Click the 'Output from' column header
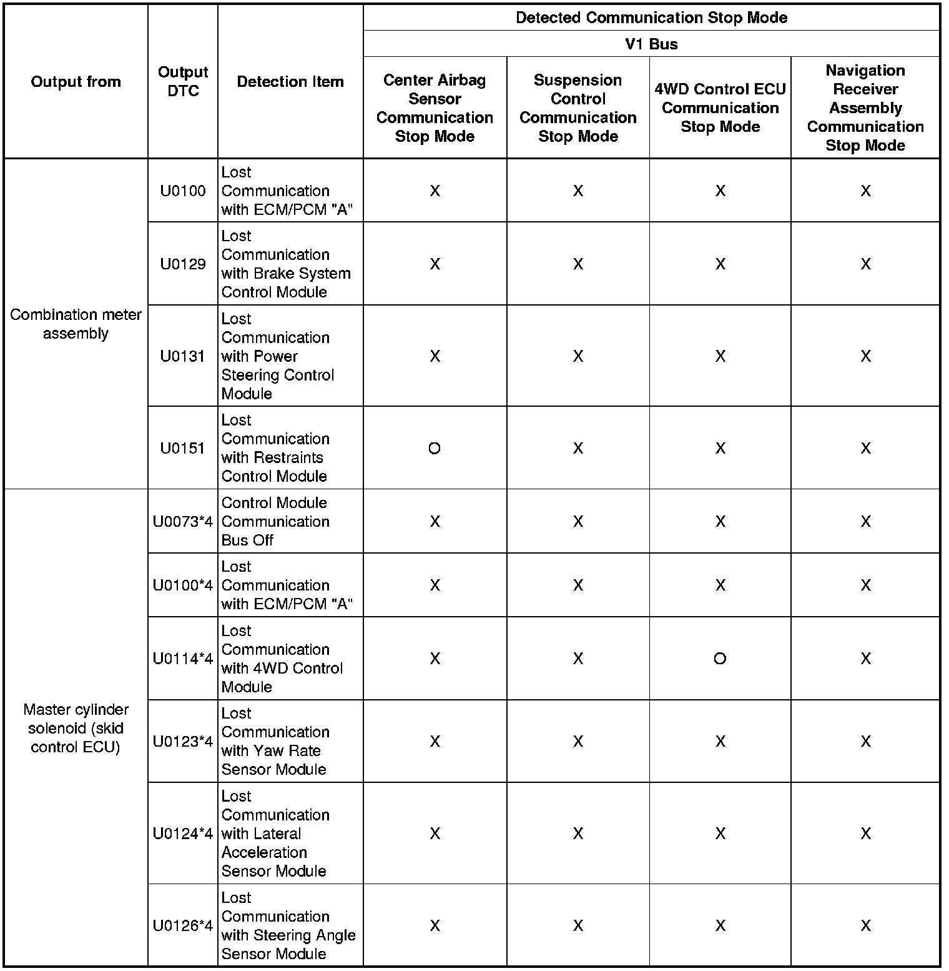point(76,82)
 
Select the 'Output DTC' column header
point(183,82)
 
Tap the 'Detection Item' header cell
point(290,82)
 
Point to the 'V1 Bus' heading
point(651,44)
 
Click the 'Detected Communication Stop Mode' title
point(651,18)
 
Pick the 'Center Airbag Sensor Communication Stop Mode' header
point(435,108)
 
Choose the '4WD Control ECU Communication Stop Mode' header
point(720,108)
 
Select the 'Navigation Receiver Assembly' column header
point(865,108)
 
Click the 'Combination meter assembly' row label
point(76,324)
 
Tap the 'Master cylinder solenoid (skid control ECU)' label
point(76,728)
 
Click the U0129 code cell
point(183,264)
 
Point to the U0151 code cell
point(183,448)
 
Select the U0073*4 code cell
point(183,521)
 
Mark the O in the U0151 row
point(435,448)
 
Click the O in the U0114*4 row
point(720,659)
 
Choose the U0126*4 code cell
point(183,925)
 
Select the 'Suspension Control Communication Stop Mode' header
point(578,108)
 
